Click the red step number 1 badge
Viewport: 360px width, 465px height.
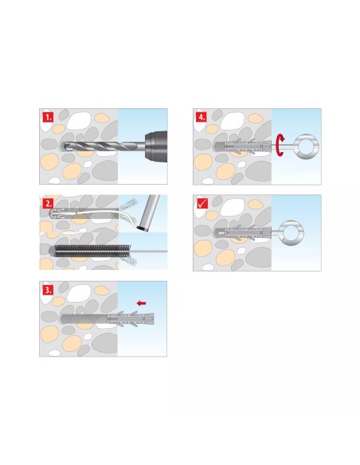(48, 117)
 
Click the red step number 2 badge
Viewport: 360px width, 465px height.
(48, 204)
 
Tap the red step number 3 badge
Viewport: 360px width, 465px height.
(48, 290)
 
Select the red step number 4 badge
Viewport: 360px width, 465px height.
(201, 117)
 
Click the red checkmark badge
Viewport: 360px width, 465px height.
(203, 204)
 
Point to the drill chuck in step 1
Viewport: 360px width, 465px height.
(155, 147)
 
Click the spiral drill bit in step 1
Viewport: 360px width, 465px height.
(102, 147)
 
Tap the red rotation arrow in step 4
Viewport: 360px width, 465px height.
(280, 145)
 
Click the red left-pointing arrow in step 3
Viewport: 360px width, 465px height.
(142, 303)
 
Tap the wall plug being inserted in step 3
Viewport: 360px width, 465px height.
(130, 319)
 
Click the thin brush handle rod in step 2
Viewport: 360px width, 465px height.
(149, 251)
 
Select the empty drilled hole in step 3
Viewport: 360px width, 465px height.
(84, 319)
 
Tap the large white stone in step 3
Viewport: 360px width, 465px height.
(79, 293)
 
